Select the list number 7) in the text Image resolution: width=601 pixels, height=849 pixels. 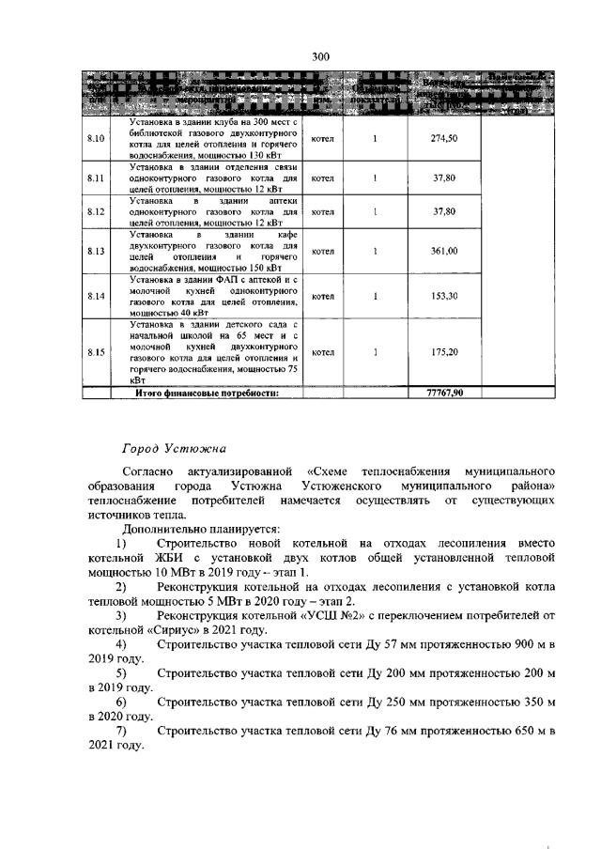tap(121, 730)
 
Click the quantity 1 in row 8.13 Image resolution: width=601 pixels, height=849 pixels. tap(375, 252)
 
